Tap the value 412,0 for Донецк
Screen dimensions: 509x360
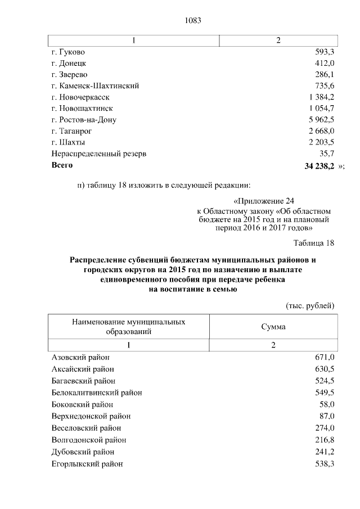point(325,62)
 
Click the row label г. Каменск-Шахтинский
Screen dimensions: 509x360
point(95,85)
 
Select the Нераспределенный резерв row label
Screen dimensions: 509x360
point(94,154)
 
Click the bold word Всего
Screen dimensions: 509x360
point(62,165)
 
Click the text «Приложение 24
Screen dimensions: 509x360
point(263,201)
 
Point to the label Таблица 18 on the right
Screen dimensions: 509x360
point(314,243)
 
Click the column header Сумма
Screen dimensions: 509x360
point(273,326)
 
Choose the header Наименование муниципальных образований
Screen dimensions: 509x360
point(129,326)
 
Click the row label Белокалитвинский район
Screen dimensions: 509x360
point(96,392)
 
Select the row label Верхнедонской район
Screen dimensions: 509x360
point(91,416)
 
